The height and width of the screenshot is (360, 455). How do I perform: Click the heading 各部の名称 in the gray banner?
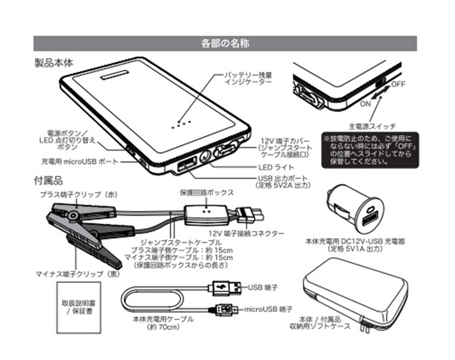226,43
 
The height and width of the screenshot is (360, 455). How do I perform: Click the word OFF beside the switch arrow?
398,84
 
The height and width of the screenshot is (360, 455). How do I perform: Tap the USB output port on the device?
186,166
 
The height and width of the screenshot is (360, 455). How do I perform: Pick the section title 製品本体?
54,62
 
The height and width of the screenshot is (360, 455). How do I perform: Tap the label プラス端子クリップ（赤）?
79,193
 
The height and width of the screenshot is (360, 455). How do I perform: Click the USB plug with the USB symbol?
223,287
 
